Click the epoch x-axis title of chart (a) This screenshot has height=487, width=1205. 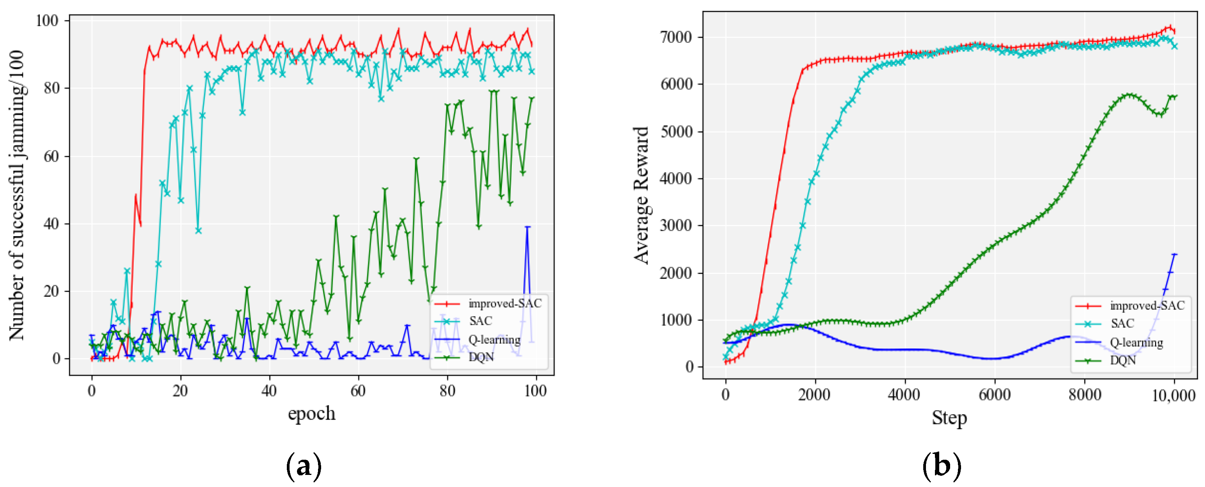tap(311, 413)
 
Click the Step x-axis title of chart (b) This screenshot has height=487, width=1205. tap(949, 417)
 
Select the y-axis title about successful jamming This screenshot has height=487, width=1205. tap(17, 195)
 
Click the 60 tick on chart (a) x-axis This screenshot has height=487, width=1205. tap(358, 391)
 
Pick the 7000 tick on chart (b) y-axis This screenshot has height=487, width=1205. tap(675, 37)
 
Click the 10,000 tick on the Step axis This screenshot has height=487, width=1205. tap(1173, 396)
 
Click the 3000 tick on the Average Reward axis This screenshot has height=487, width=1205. tap(675, 226)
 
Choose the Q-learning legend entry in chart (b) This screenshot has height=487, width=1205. tap(1136, 342)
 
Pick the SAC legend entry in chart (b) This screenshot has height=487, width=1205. tap(1122, 323)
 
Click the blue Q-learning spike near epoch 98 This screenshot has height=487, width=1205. tap(527, 228)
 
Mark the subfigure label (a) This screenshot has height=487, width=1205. tap(304, 466)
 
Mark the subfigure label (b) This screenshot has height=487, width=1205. tap(941, 466)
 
